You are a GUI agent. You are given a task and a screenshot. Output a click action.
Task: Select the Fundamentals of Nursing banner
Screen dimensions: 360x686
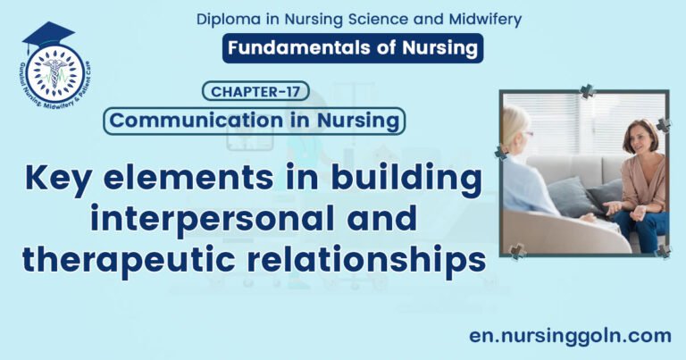coord(353,47)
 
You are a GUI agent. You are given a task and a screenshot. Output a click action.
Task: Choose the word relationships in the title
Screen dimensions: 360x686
coord(374,258)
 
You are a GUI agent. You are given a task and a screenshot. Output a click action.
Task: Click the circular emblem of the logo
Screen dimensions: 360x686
coord(56,72)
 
